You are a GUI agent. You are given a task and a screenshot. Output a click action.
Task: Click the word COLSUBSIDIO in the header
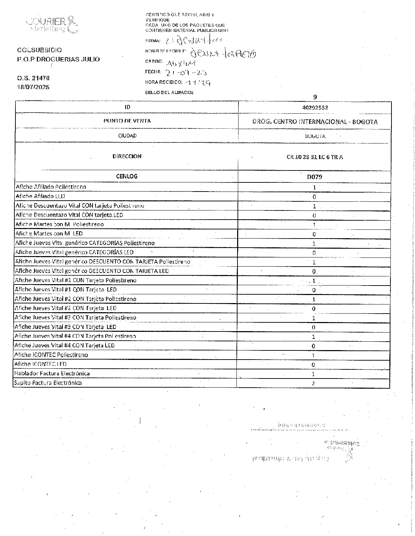39,50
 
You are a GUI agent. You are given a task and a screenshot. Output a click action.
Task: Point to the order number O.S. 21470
33,78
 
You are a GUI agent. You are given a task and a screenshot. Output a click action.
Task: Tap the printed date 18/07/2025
33,87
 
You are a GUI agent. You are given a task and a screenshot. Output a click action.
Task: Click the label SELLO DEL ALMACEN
169,93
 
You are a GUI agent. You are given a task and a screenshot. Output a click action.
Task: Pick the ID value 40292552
315,108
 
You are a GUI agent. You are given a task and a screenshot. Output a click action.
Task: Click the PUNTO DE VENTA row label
127,121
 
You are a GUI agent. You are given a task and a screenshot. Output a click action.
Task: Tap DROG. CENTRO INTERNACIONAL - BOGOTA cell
315,122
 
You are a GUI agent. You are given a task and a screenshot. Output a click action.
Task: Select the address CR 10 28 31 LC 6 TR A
315,157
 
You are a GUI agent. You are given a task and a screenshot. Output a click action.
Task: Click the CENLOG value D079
314,177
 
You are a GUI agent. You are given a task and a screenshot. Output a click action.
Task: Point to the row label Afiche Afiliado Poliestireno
51,187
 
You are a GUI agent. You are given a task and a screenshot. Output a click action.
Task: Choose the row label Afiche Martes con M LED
49,233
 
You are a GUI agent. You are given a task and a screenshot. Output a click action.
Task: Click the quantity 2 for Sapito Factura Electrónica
313,383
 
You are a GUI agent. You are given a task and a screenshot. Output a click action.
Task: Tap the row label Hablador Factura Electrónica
52,373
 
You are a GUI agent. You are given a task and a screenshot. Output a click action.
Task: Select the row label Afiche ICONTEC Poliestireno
51,355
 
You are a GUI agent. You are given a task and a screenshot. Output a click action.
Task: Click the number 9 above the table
315,97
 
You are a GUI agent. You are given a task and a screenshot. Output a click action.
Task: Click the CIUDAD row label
127,136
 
